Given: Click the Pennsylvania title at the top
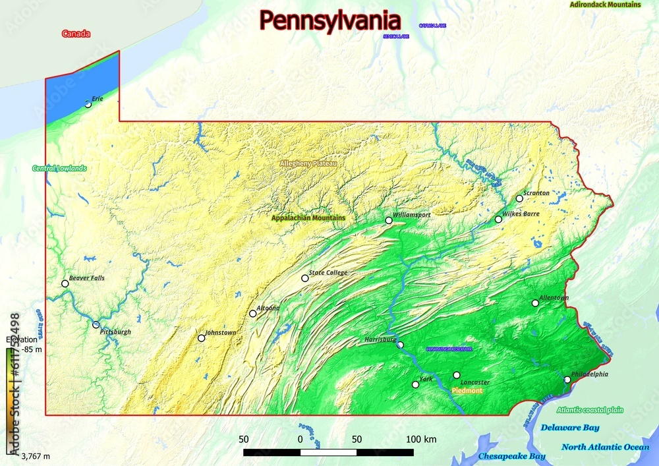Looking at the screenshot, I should point(329,21).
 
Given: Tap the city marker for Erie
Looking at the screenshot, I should point(88,104).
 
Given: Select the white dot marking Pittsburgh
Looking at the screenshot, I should point(96,325).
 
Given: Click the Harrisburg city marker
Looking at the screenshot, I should point(400,345).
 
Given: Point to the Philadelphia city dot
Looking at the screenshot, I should point(567,380).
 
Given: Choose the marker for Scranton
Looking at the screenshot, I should point(519,198).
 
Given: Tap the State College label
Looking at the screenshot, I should point(328,272).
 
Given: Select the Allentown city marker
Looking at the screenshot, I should point(535,303).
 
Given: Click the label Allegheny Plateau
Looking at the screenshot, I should point(308,163).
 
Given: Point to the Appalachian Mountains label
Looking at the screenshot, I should point(308,218).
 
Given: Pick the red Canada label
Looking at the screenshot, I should point(76,34).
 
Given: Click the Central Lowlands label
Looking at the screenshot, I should point(59,168).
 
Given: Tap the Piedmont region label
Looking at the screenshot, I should point(467,391).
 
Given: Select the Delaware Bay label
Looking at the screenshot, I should point(570,428).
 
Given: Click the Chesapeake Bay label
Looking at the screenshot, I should point(511,456).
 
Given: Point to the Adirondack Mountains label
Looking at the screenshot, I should point(605,5).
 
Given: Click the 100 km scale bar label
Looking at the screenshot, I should point(422,439).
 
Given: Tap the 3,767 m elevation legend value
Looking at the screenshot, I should point(36,455).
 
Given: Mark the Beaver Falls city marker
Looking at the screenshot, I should point(65,283).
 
